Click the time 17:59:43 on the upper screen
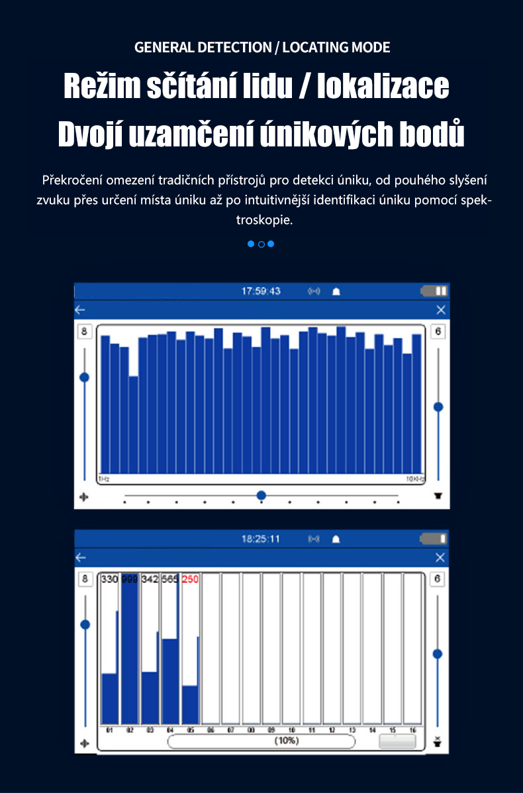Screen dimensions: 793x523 pyautogui.click(x=261, y=291)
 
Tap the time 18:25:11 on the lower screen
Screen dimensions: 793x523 pyautogui.click(x=261, y=539)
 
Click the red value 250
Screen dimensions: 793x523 pyautogui.click(x=190, y=579)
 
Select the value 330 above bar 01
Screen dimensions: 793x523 pyautogui.click(x=109, y=579)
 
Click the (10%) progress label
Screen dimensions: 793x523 pyautogui.click(x=286, y=741)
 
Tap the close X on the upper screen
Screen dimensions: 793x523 pyautogui.click(x=441, y=310)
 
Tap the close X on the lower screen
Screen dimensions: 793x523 pyautogui.click(x=440, y=558)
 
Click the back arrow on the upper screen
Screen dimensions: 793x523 pyautogui.click(x=80, y=310)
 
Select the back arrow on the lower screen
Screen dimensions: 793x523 pyautogui.click(x=80, y=558)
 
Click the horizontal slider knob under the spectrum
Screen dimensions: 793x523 pyautogui.click(x=261, y=496)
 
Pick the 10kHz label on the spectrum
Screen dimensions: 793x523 pyautogui.click(x=415, y=478)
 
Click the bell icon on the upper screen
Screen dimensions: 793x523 pyautogui.click(x=336, y=291)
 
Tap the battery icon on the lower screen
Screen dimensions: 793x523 pyautogui.click(x=434, y=539)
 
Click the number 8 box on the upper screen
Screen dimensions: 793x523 pyautogui.click(x=84, y=332)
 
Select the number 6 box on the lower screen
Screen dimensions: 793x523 pyautogui.click(x=438, y=579)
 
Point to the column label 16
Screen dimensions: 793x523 pyautogui.click(x=412, y=729)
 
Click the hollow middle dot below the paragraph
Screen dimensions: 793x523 pyautogui.click(x=261, y=244)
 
